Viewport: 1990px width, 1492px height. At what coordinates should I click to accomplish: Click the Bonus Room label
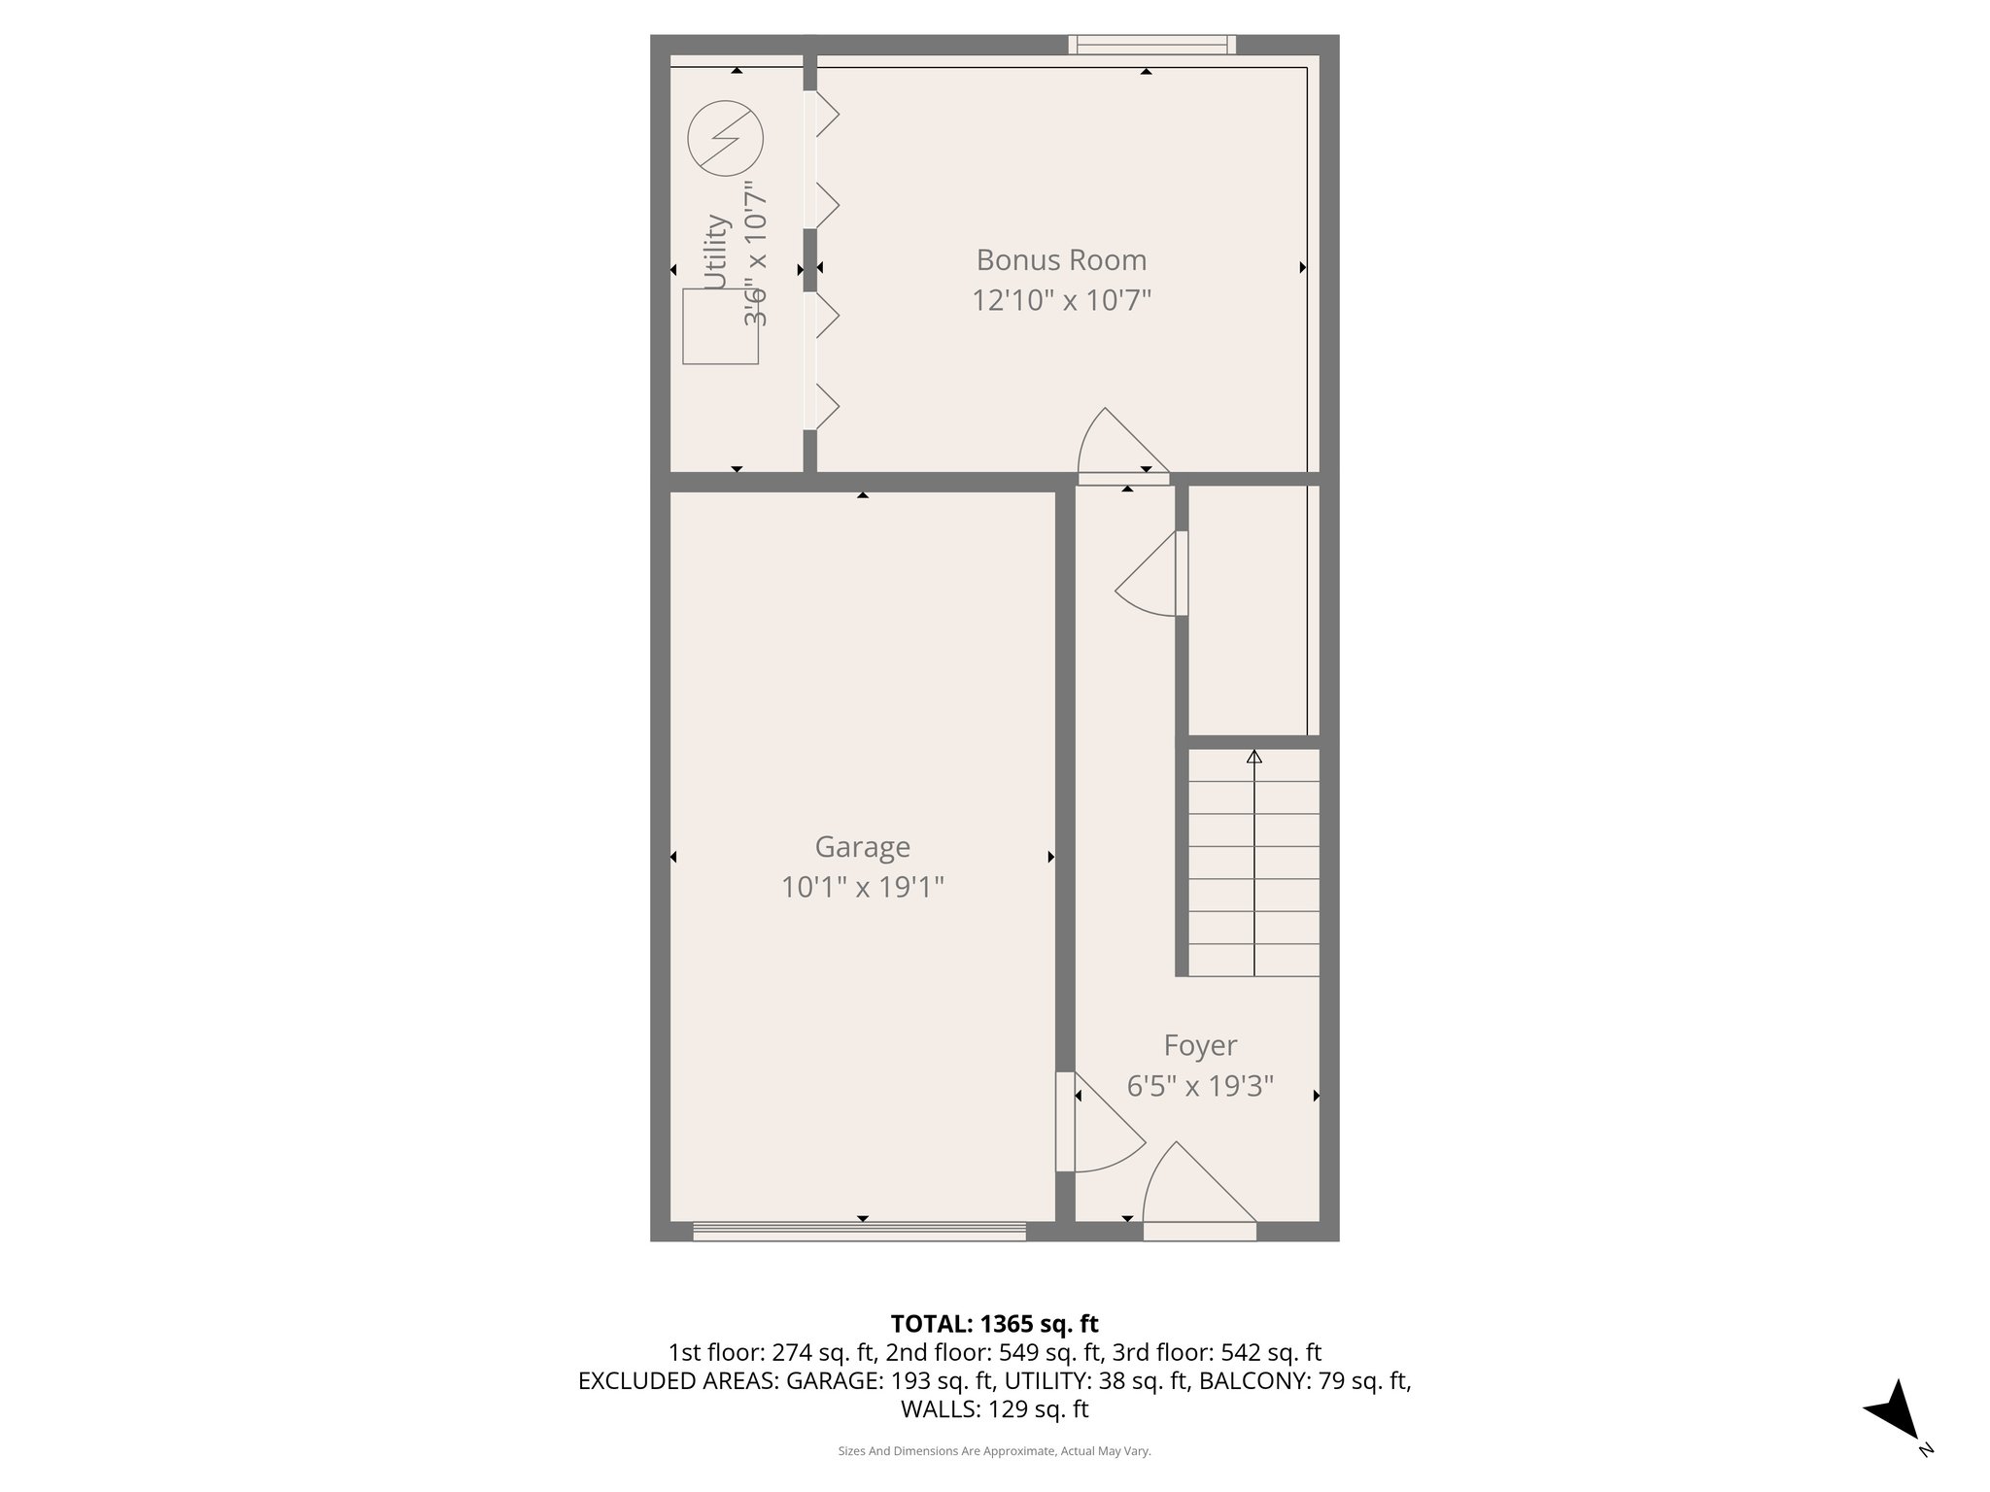[1061, 260]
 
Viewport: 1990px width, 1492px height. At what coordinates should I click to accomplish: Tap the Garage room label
[862, 847]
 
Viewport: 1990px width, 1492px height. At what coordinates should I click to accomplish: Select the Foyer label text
[1200, 1045]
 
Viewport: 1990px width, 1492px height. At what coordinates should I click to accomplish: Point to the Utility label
[716, 253]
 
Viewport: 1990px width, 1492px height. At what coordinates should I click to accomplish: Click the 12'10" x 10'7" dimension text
[1061, 301]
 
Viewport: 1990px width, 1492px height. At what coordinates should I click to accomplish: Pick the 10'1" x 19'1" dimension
[862, 887]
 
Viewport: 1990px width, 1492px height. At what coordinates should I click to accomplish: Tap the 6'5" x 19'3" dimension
[1200, 1085]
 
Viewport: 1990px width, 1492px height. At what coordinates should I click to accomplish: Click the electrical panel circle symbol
[725, 139]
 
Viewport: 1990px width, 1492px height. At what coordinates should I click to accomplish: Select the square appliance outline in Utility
[720, 326]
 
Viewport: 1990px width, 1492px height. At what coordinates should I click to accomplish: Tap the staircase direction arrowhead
[1253, 757]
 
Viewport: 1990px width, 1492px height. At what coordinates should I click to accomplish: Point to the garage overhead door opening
[859, 1232]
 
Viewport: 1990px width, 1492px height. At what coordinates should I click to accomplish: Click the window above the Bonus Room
[1151, 44]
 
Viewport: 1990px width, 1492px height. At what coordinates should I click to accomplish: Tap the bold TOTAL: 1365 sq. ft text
[994, 1324]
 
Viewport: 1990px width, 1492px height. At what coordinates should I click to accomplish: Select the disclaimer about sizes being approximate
[994, 1451]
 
